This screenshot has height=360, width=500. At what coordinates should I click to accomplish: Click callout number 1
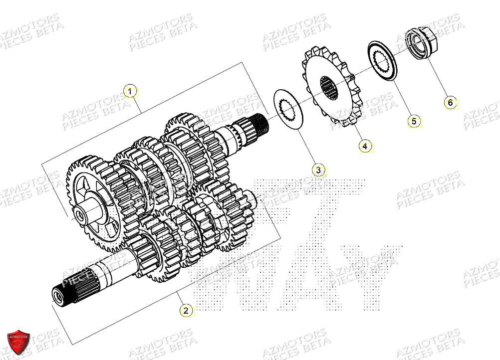tap(130, 92)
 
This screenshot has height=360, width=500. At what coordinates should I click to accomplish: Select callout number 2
tap(186, 311)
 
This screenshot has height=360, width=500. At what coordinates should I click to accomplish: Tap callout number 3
tap(319, 170)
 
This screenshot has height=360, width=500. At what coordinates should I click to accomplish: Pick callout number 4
tap(365, 146)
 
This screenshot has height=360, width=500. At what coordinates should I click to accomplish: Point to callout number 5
tap(413, 121)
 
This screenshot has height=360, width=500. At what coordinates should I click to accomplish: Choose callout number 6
tap(450, 103)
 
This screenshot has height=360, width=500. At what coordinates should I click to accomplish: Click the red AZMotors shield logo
tap(18, 342)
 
